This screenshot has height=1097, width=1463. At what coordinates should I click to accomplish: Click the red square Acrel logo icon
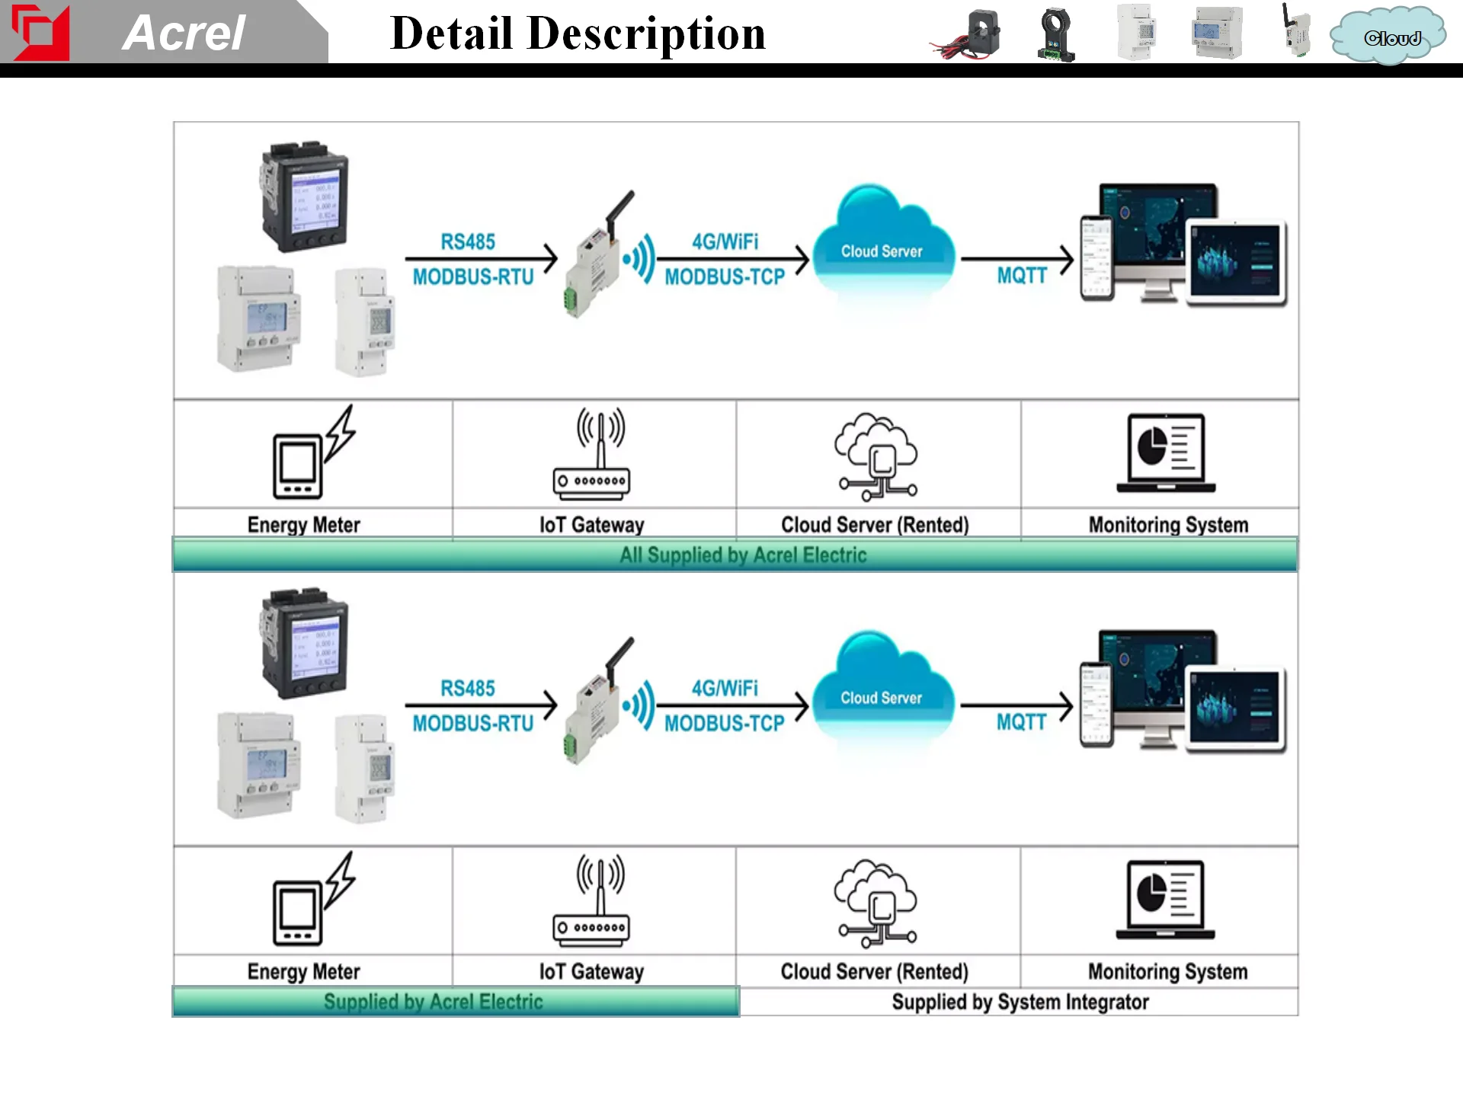click(x=40, y=32)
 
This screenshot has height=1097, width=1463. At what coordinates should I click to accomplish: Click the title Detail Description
click(x=578, y=34)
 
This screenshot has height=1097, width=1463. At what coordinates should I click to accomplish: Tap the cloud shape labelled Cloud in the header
click(x=1388, y=37)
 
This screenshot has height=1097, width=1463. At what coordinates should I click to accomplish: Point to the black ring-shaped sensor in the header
click(x=1056, y=35)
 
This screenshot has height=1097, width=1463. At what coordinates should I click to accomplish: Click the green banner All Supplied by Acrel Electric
click(x=743, y=555)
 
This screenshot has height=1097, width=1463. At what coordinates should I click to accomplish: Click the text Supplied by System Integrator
click(x=1020, y=1003)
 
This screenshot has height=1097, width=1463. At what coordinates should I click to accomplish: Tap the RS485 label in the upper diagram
click(x=468, y=242)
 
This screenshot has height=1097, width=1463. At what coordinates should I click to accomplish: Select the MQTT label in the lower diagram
click(x=1021, y=722)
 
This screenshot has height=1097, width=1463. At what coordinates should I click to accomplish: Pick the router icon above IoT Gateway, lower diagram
click(x=592, y=902)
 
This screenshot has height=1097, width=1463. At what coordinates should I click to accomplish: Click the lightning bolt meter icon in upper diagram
click(x=313, y=453)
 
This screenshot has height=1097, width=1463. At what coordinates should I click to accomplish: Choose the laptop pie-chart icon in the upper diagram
click(x=1166, y=454)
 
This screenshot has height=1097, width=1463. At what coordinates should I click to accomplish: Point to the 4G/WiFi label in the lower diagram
click(x=725, y=689)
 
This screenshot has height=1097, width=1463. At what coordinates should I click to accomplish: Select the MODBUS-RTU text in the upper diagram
click(x=473, y=277)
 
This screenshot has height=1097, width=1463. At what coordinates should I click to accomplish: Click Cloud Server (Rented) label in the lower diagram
click(x=874, y=972)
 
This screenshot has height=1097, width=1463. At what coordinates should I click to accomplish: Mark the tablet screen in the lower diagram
click(x=1234, y=708)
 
